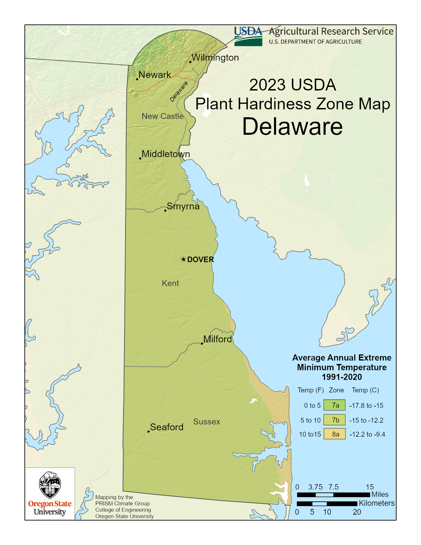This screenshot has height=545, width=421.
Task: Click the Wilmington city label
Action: point(215,57)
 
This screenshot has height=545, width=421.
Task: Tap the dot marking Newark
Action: point(137,79)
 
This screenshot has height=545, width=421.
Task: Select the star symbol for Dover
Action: point(184,259)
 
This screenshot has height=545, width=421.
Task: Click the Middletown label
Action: point(166,154)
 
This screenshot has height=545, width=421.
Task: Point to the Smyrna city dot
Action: point(165,210)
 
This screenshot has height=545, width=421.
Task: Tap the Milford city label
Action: point(217,339)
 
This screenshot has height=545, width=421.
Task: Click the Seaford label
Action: point(167,427)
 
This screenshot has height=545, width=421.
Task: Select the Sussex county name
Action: point(207,422)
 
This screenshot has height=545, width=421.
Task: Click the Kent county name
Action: point(170,283)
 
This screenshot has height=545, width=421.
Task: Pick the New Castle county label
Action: point(162,116)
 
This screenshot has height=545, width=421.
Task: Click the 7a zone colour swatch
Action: point(335,405)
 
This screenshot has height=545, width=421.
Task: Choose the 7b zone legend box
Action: point(335,420)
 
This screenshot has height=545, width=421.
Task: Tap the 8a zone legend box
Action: point(335,434)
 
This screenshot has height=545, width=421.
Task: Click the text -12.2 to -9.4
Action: point(368,434)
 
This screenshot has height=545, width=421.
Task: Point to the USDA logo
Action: point(248,36)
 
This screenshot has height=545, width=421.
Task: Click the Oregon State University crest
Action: point(50,485)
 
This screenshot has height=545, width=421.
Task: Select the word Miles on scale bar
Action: point(380,494)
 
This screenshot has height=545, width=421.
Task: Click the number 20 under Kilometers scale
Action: point(357,512)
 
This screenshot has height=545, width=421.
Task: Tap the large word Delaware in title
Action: point(293,127)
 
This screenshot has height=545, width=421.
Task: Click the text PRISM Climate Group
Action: point(123,503)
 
